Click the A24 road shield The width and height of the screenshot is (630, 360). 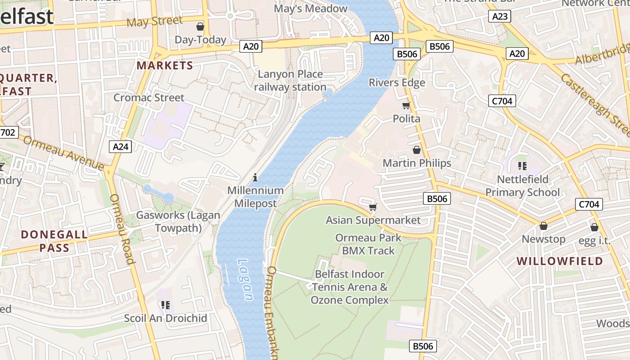pos(121,147)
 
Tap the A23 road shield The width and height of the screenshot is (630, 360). pos(500,17)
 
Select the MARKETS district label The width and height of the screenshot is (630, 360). pos(165,66)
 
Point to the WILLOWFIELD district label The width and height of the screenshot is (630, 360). pos(559,261)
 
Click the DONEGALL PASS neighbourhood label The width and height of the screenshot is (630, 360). pos(54,241)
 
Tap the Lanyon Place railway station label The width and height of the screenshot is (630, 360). pos(290,81)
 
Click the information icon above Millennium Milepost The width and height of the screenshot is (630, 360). pos(255,177)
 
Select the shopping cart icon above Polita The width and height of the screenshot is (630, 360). pos(406,106)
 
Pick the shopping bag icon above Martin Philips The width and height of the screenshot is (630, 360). pos(417,150)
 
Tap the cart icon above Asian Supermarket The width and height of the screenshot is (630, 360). pos(373,207)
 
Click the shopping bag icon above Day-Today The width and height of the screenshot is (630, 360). pos(200,27)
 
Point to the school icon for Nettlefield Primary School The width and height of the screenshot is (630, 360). pos(522,166)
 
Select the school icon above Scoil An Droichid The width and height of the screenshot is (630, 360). pos(166,305)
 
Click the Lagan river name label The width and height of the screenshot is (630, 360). pos(245,279)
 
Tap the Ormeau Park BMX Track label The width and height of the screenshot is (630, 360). pos(368,244)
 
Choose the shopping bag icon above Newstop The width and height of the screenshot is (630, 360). pos(543,226)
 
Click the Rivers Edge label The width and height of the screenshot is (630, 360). pos(397,83)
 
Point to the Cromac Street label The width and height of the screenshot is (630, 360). pos(149,98)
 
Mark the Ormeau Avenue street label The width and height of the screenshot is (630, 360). pos(63,153)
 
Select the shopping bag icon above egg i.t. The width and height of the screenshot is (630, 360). pos(594,227)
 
